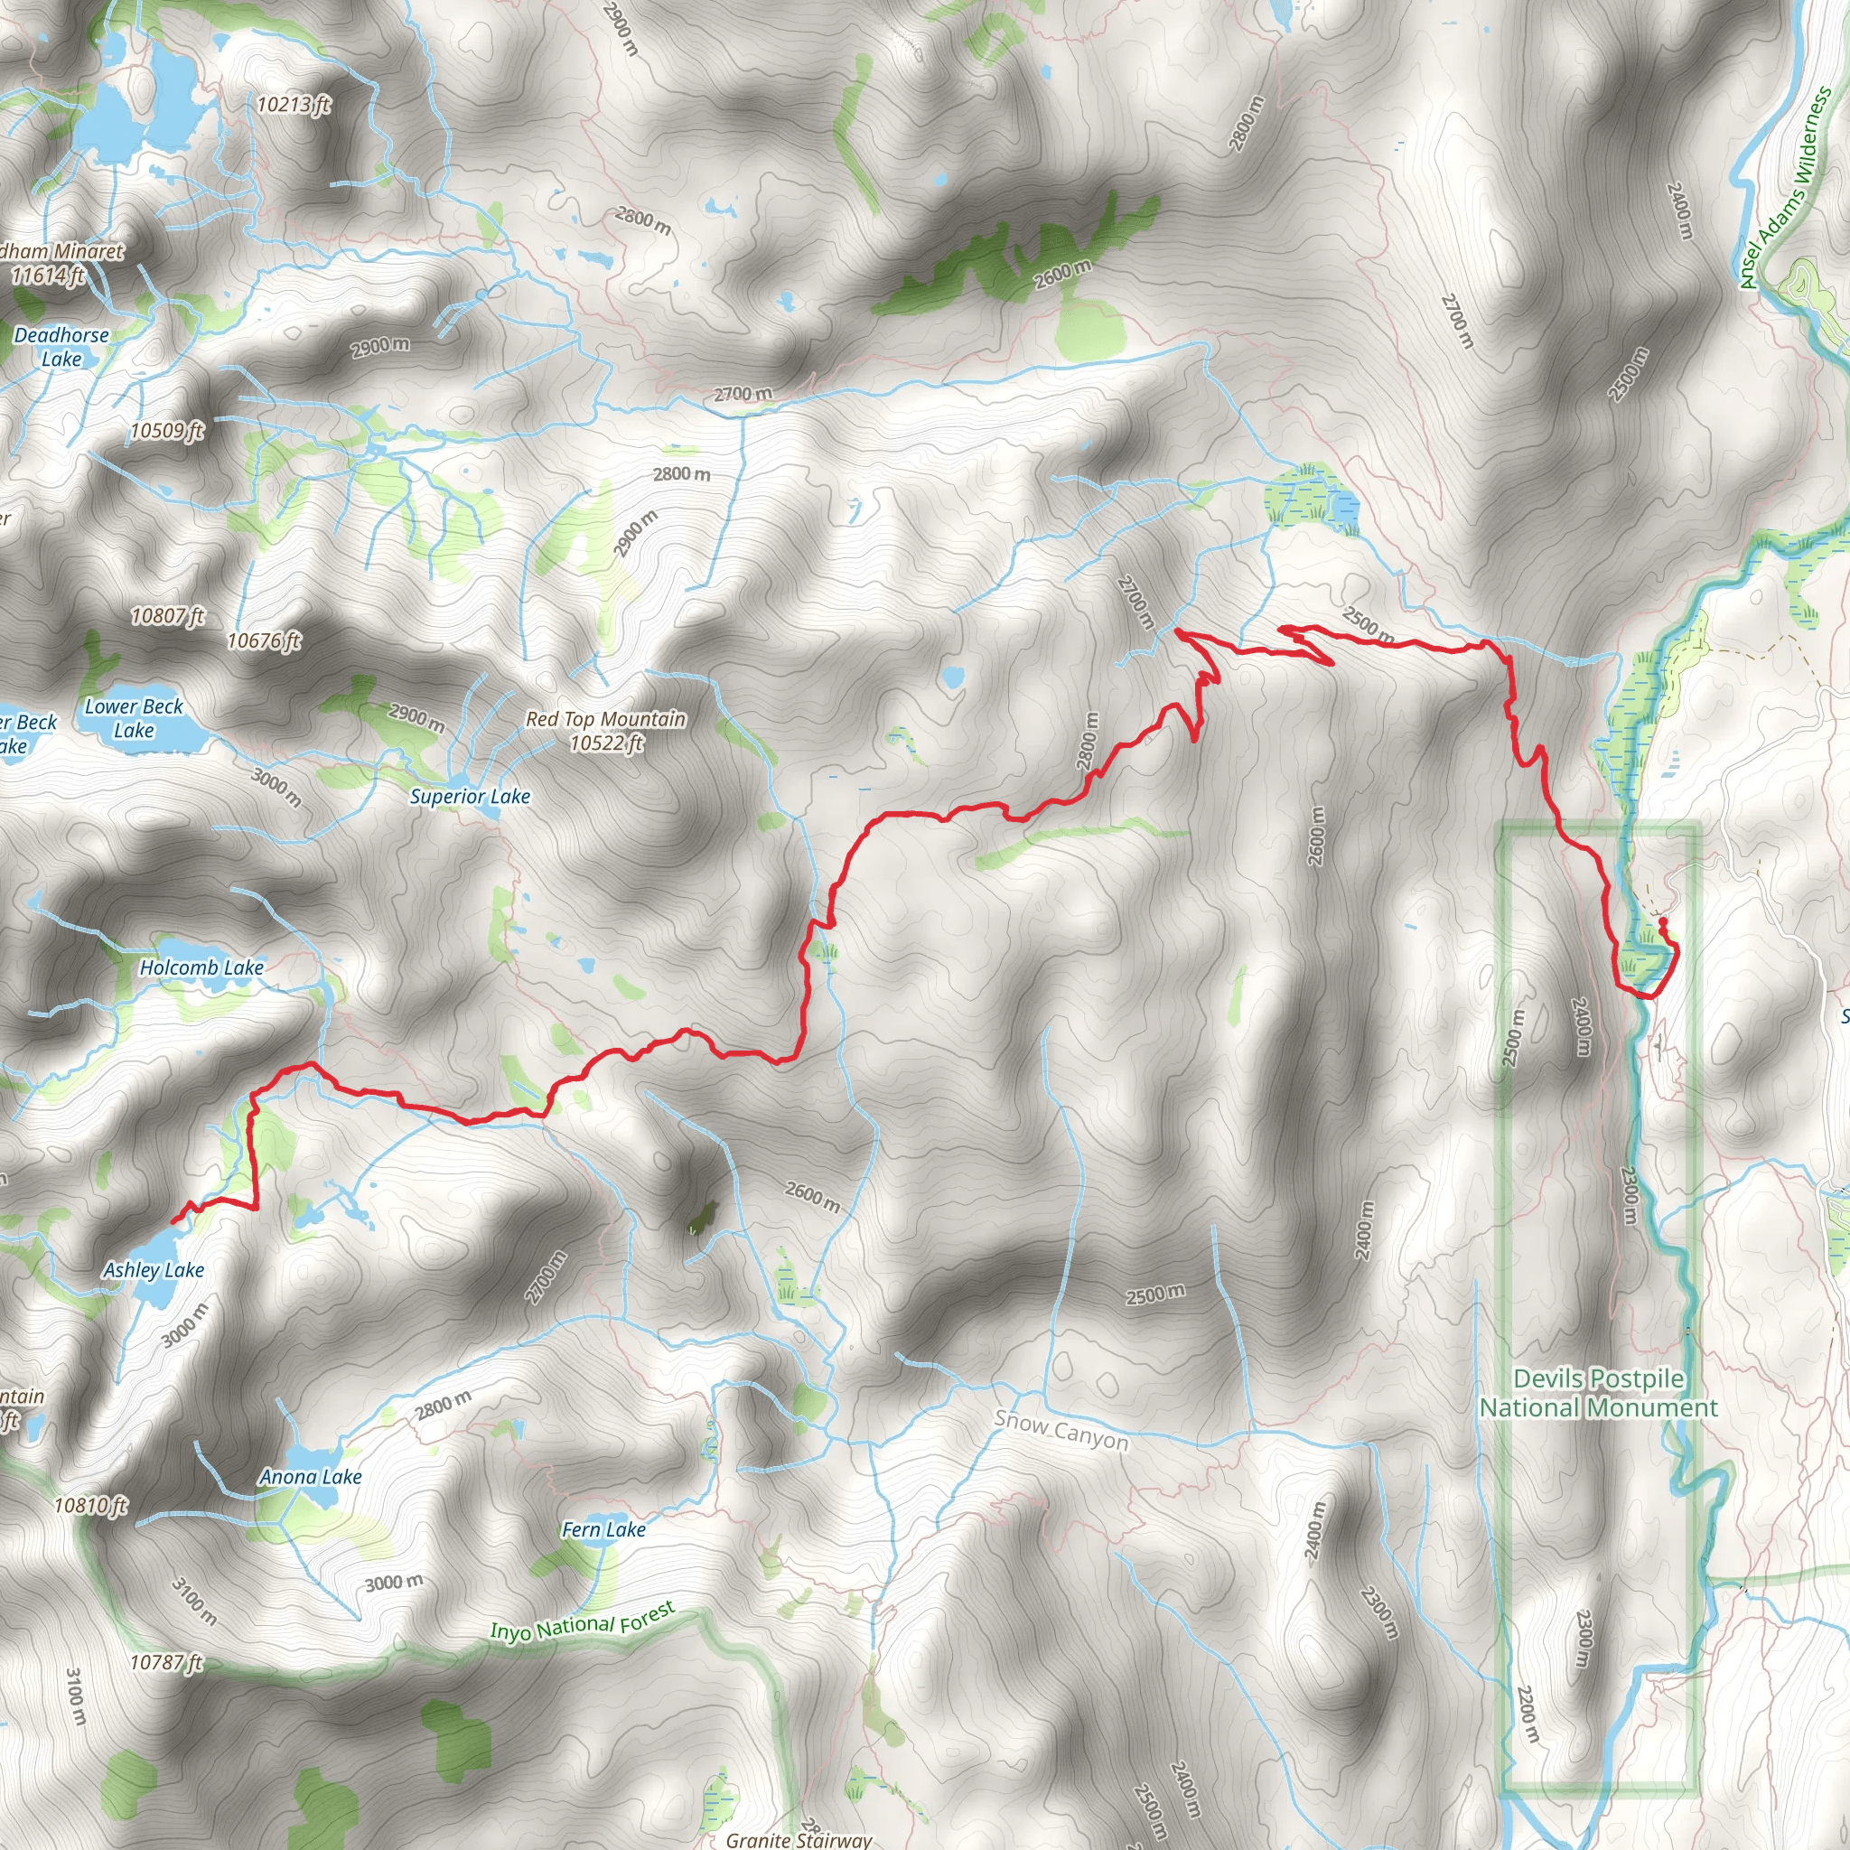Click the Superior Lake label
point(469,796)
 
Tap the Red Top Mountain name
point(605,718)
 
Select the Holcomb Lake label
point(201,967)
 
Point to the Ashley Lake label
point(154,1270)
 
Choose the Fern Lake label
point(603,1529)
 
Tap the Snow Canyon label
point(1061,1431)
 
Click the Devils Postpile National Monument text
point(1598,1393)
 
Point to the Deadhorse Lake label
point(61,347)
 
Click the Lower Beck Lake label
point(133,718)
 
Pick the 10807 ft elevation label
point(168,616)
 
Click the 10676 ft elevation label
point(264,640)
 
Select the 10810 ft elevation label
point(90,1505)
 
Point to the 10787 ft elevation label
point(165,1662)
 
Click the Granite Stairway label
point(799,1839)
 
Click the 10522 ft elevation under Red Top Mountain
point(606,743)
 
